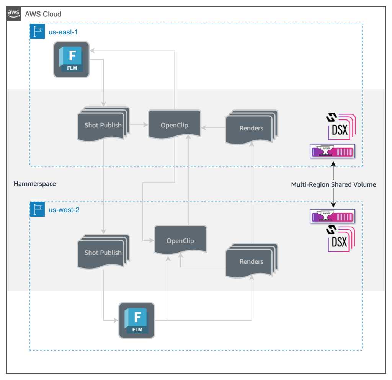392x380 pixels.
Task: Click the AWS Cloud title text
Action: (43, 14)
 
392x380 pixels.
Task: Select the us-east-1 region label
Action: (63, 32)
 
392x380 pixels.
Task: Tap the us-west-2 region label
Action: (64, 210)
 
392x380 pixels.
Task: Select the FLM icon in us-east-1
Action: (71, 60)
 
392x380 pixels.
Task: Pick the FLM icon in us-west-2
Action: (137, 320)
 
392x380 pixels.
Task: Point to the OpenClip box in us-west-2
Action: (180, 241)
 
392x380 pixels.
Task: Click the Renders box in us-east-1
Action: (252, 128)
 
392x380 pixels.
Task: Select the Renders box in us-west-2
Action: (252, 261)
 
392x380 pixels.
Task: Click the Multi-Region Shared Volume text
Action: (333, 184)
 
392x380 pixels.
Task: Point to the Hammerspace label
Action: (35, 184)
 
